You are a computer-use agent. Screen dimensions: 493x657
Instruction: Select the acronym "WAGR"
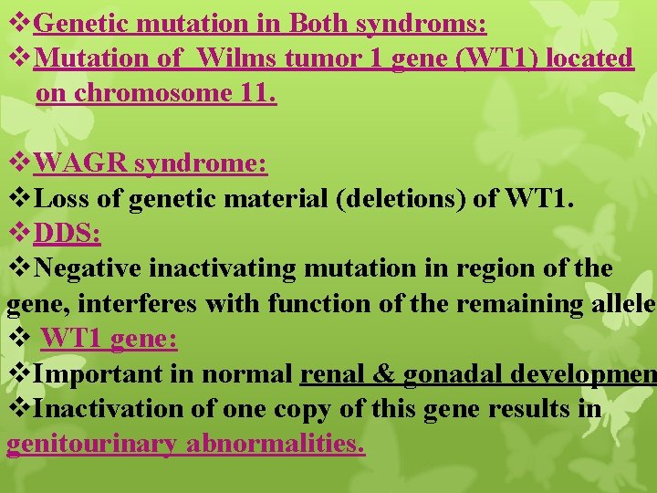coord(80,163)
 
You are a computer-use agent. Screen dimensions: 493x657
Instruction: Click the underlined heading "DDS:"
coord(67,234)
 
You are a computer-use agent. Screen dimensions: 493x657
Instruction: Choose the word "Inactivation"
coord(109,409)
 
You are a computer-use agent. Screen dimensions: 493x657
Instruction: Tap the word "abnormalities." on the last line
coord(276,445)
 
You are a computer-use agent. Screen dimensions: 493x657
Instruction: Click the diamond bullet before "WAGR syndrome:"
coord(18,163)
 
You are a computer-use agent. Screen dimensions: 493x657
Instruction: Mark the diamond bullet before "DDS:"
coord(18,234)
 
